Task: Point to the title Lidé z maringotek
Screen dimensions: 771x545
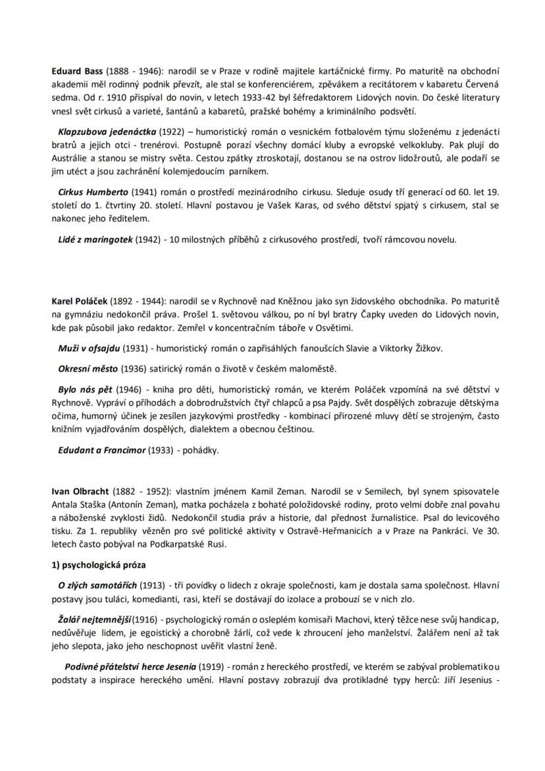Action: point(95,239)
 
